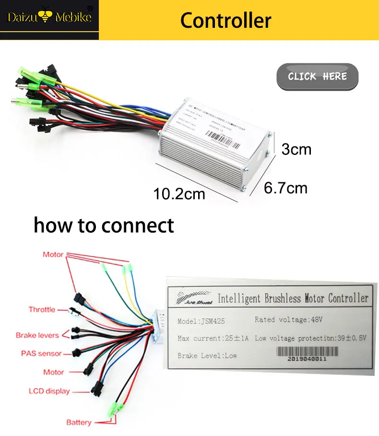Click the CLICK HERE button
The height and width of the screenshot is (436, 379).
pyautogui.click(x=317, y=76)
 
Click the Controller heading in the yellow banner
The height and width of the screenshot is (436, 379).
pyautogui.click(x=225, y=21)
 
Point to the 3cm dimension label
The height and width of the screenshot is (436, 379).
pyautogui.click(x=296, y=149)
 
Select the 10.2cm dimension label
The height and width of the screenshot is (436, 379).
pyautogui.click(x=179, y=194)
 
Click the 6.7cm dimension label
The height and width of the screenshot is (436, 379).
pyautogui.click(x=285, y=188)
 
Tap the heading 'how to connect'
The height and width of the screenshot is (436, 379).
pyautogui.click(x=104, y=224)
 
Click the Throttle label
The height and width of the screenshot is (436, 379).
pyautogui.click(x=42, y=309)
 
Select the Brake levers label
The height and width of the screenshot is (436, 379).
pyautogui.click(x=37, y=335)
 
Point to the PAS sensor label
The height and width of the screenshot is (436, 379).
pyautogui.click(x=41, y=354)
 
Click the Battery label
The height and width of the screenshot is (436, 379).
pyautogui.click(x=79, y=422)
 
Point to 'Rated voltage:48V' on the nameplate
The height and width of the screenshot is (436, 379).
pyautogui.click(x=289, y=319)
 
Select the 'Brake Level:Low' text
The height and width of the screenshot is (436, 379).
pyautogui.click(x=207, y=355)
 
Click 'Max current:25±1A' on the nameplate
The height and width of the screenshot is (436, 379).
pyautogui.click(x=213, y=338)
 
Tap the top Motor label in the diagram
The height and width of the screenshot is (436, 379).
pyautogui.click(x=53, y=254)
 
